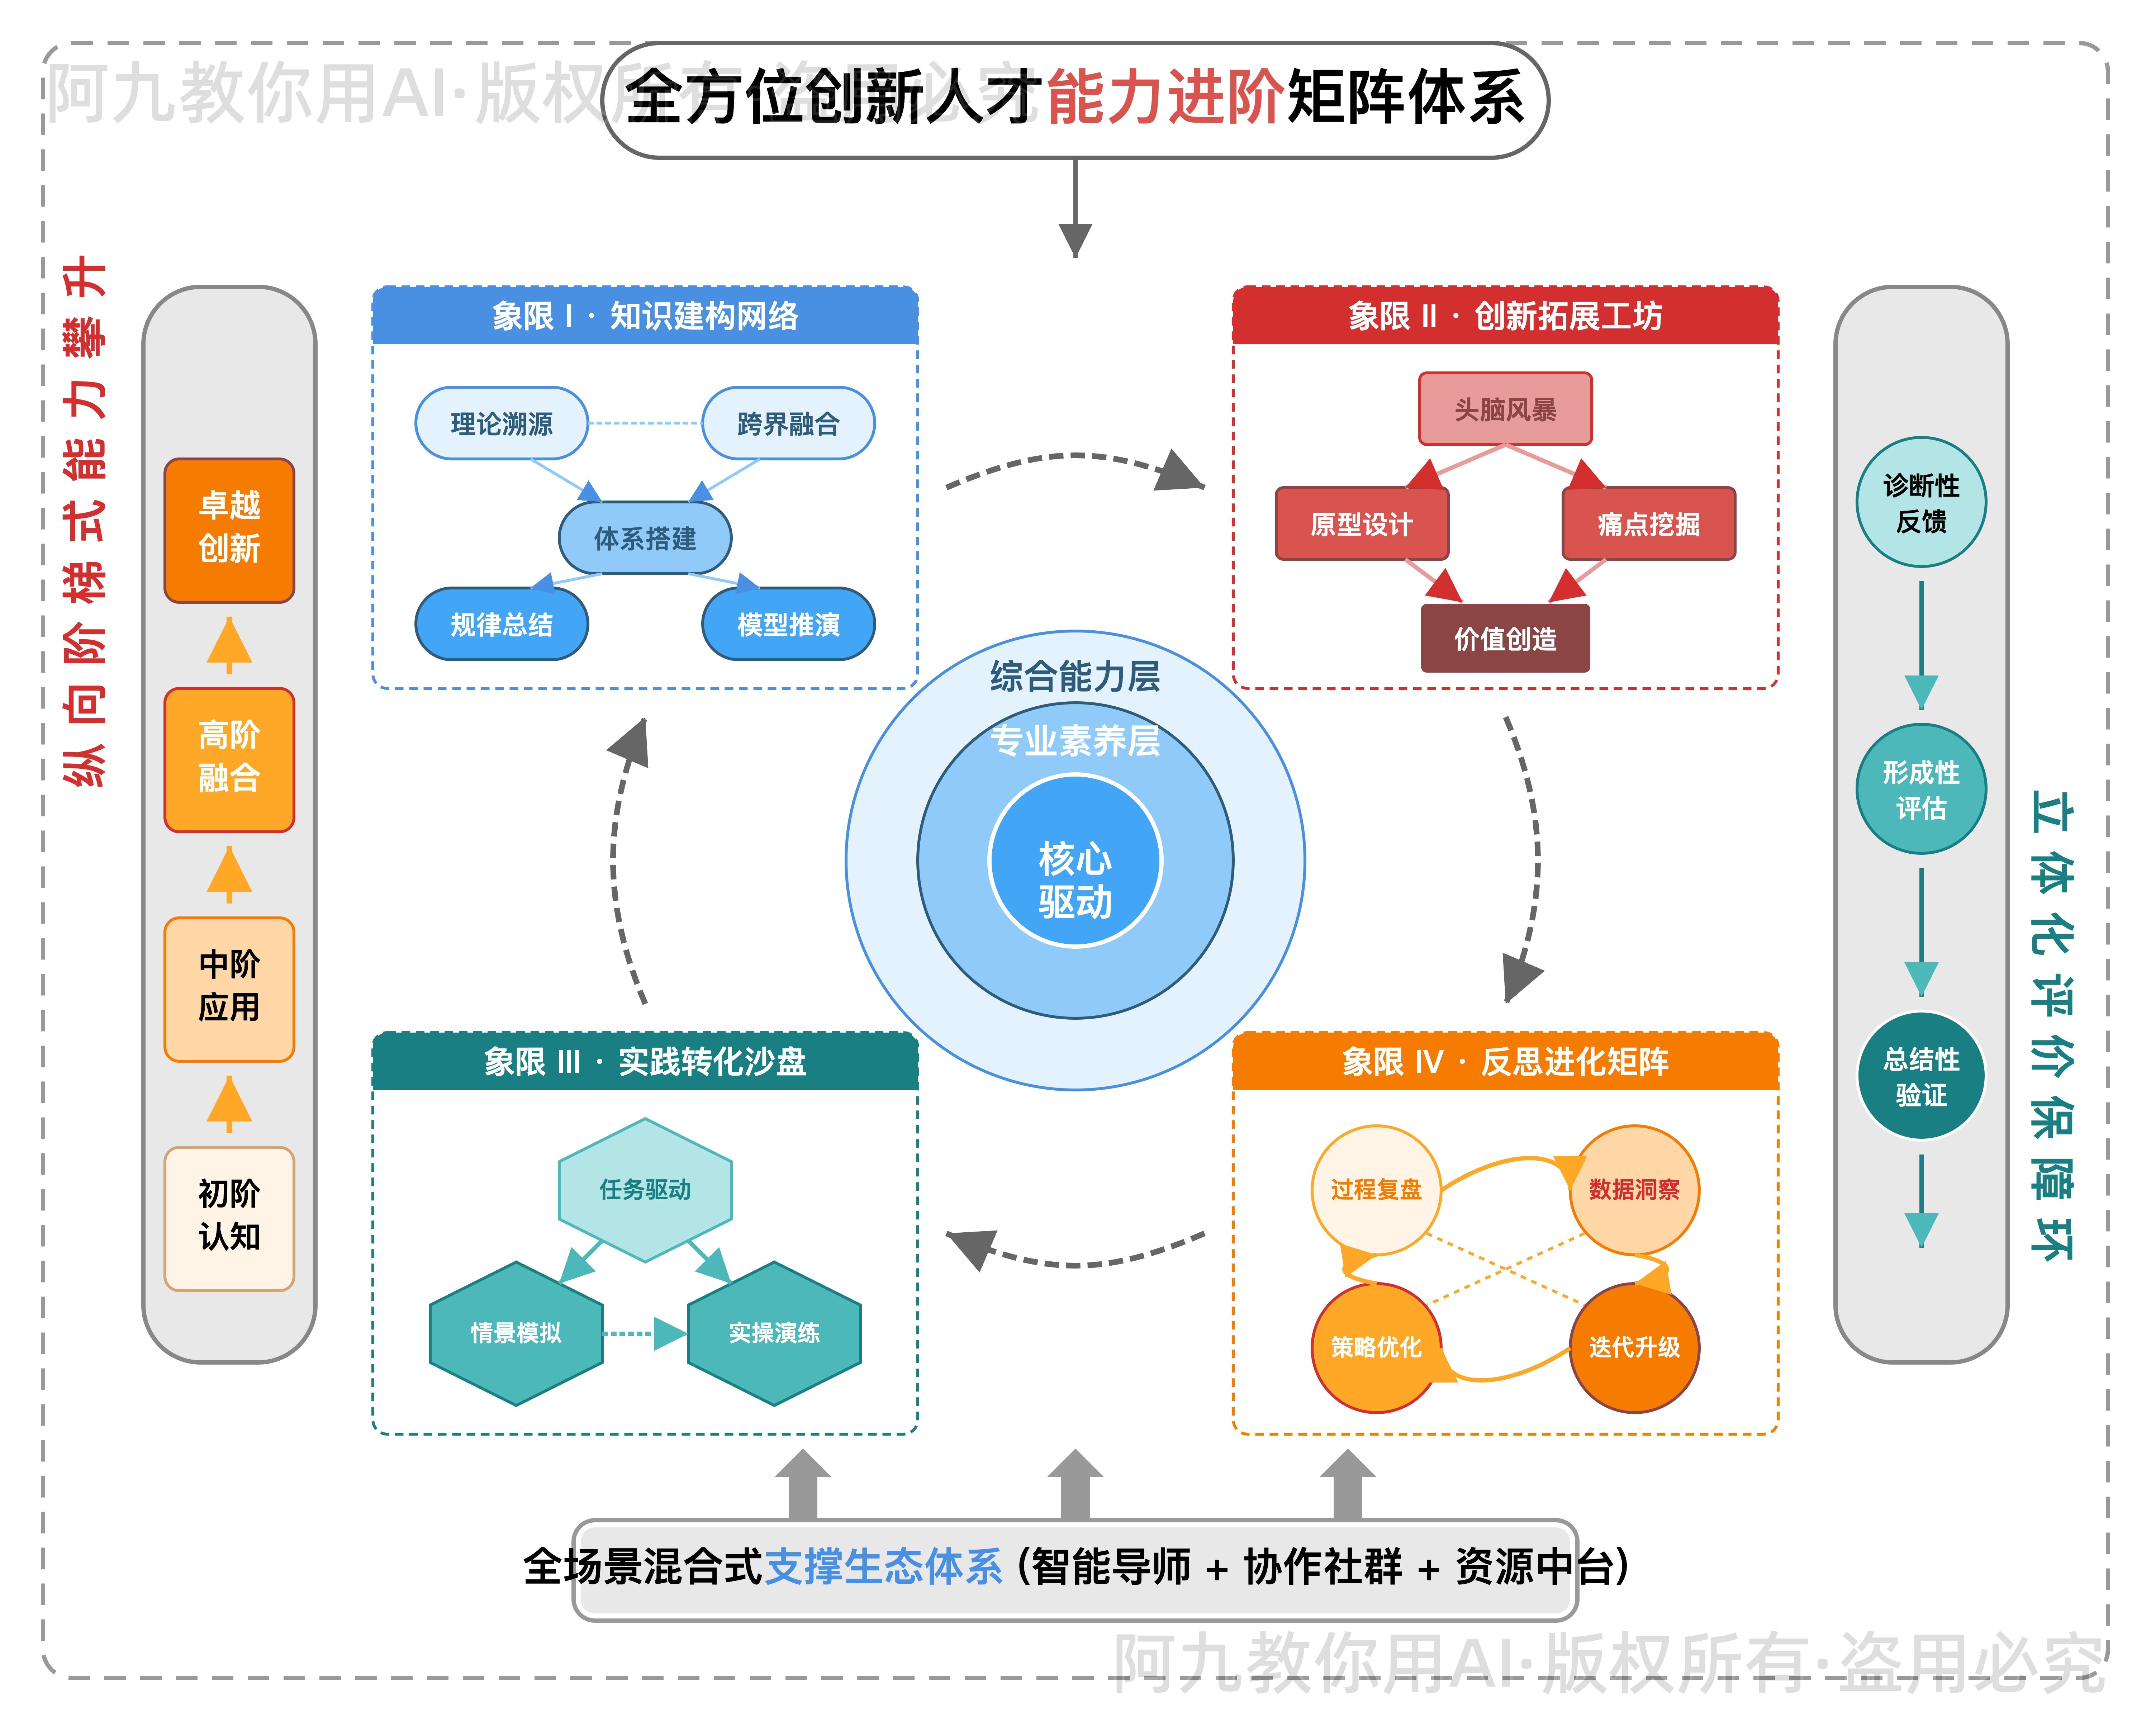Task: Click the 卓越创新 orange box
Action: tap(229, 530)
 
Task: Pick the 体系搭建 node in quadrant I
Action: tap(645, 539)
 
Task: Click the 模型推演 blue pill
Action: tap(788, 625)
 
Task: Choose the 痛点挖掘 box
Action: tap(1648, 524)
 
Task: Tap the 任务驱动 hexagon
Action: tap(645, 1189)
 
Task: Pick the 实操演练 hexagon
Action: tap(774, 1333)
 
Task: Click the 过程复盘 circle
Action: tap(1376, 1189)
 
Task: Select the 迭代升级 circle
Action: tap(1634, 1347)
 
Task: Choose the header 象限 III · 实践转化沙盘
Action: tap(645, 1062)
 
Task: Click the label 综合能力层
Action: tap(1074, 677)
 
